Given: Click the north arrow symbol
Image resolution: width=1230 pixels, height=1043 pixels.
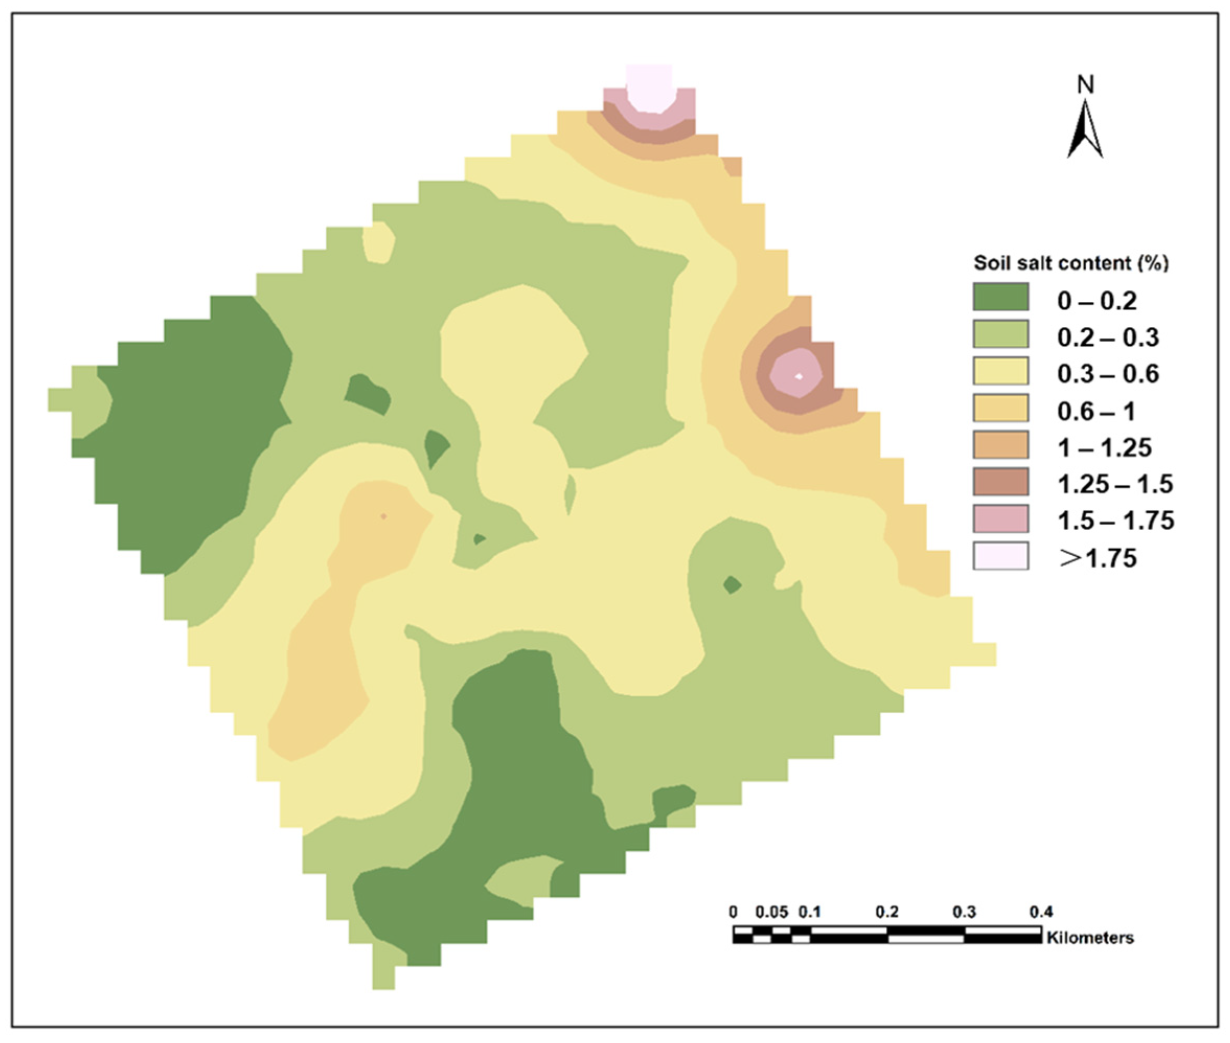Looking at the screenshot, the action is point(1085,130).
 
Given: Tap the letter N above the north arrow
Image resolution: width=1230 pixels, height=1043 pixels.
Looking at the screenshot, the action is point(1085,85).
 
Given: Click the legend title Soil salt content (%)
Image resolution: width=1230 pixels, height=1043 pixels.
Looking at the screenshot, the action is point(1071,263).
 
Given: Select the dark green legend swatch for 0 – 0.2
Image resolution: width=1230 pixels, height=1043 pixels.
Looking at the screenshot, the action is point(1001,297).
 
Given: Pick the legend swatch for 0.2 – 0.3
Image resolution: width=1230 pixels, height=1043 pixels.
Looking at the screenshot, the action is point(1001,335).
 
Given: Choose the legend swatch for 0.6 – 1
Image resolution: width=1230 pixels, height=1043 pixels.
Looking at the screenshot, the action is point(1001,408).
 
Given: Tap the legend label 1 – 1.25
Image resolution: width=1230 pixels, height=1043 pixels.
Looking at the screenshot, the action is point(1104,448).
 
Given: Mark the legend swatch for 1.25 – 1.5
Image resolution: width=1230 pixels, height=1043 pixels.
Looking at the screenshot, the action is point(1001,482).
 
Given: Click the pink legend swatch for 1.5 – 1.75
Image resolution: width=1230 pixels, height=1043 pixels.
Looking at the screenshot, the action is point(1001,519).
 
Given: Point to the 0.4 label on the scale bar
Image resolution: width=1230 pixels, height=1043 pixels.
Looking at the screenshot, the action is point(1041,912).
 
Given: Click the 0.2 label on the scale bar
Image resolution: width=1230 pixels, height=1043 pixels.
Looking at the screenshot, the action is point(887,912).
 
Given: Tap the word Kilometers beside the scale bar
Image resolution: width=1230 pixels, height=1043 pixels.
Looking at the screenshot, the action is point(1090,937).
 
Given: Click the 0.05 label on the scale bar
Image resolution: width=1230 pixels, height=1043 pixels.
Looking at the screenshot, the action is point(772,912).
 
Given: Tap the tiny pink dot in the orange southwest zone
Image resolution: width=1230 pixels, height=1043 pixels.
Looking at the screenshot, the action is point(383,516).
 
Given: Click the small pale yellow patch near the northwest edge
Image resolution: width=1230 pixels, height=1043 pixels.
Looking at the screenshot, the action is point(378,242).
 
